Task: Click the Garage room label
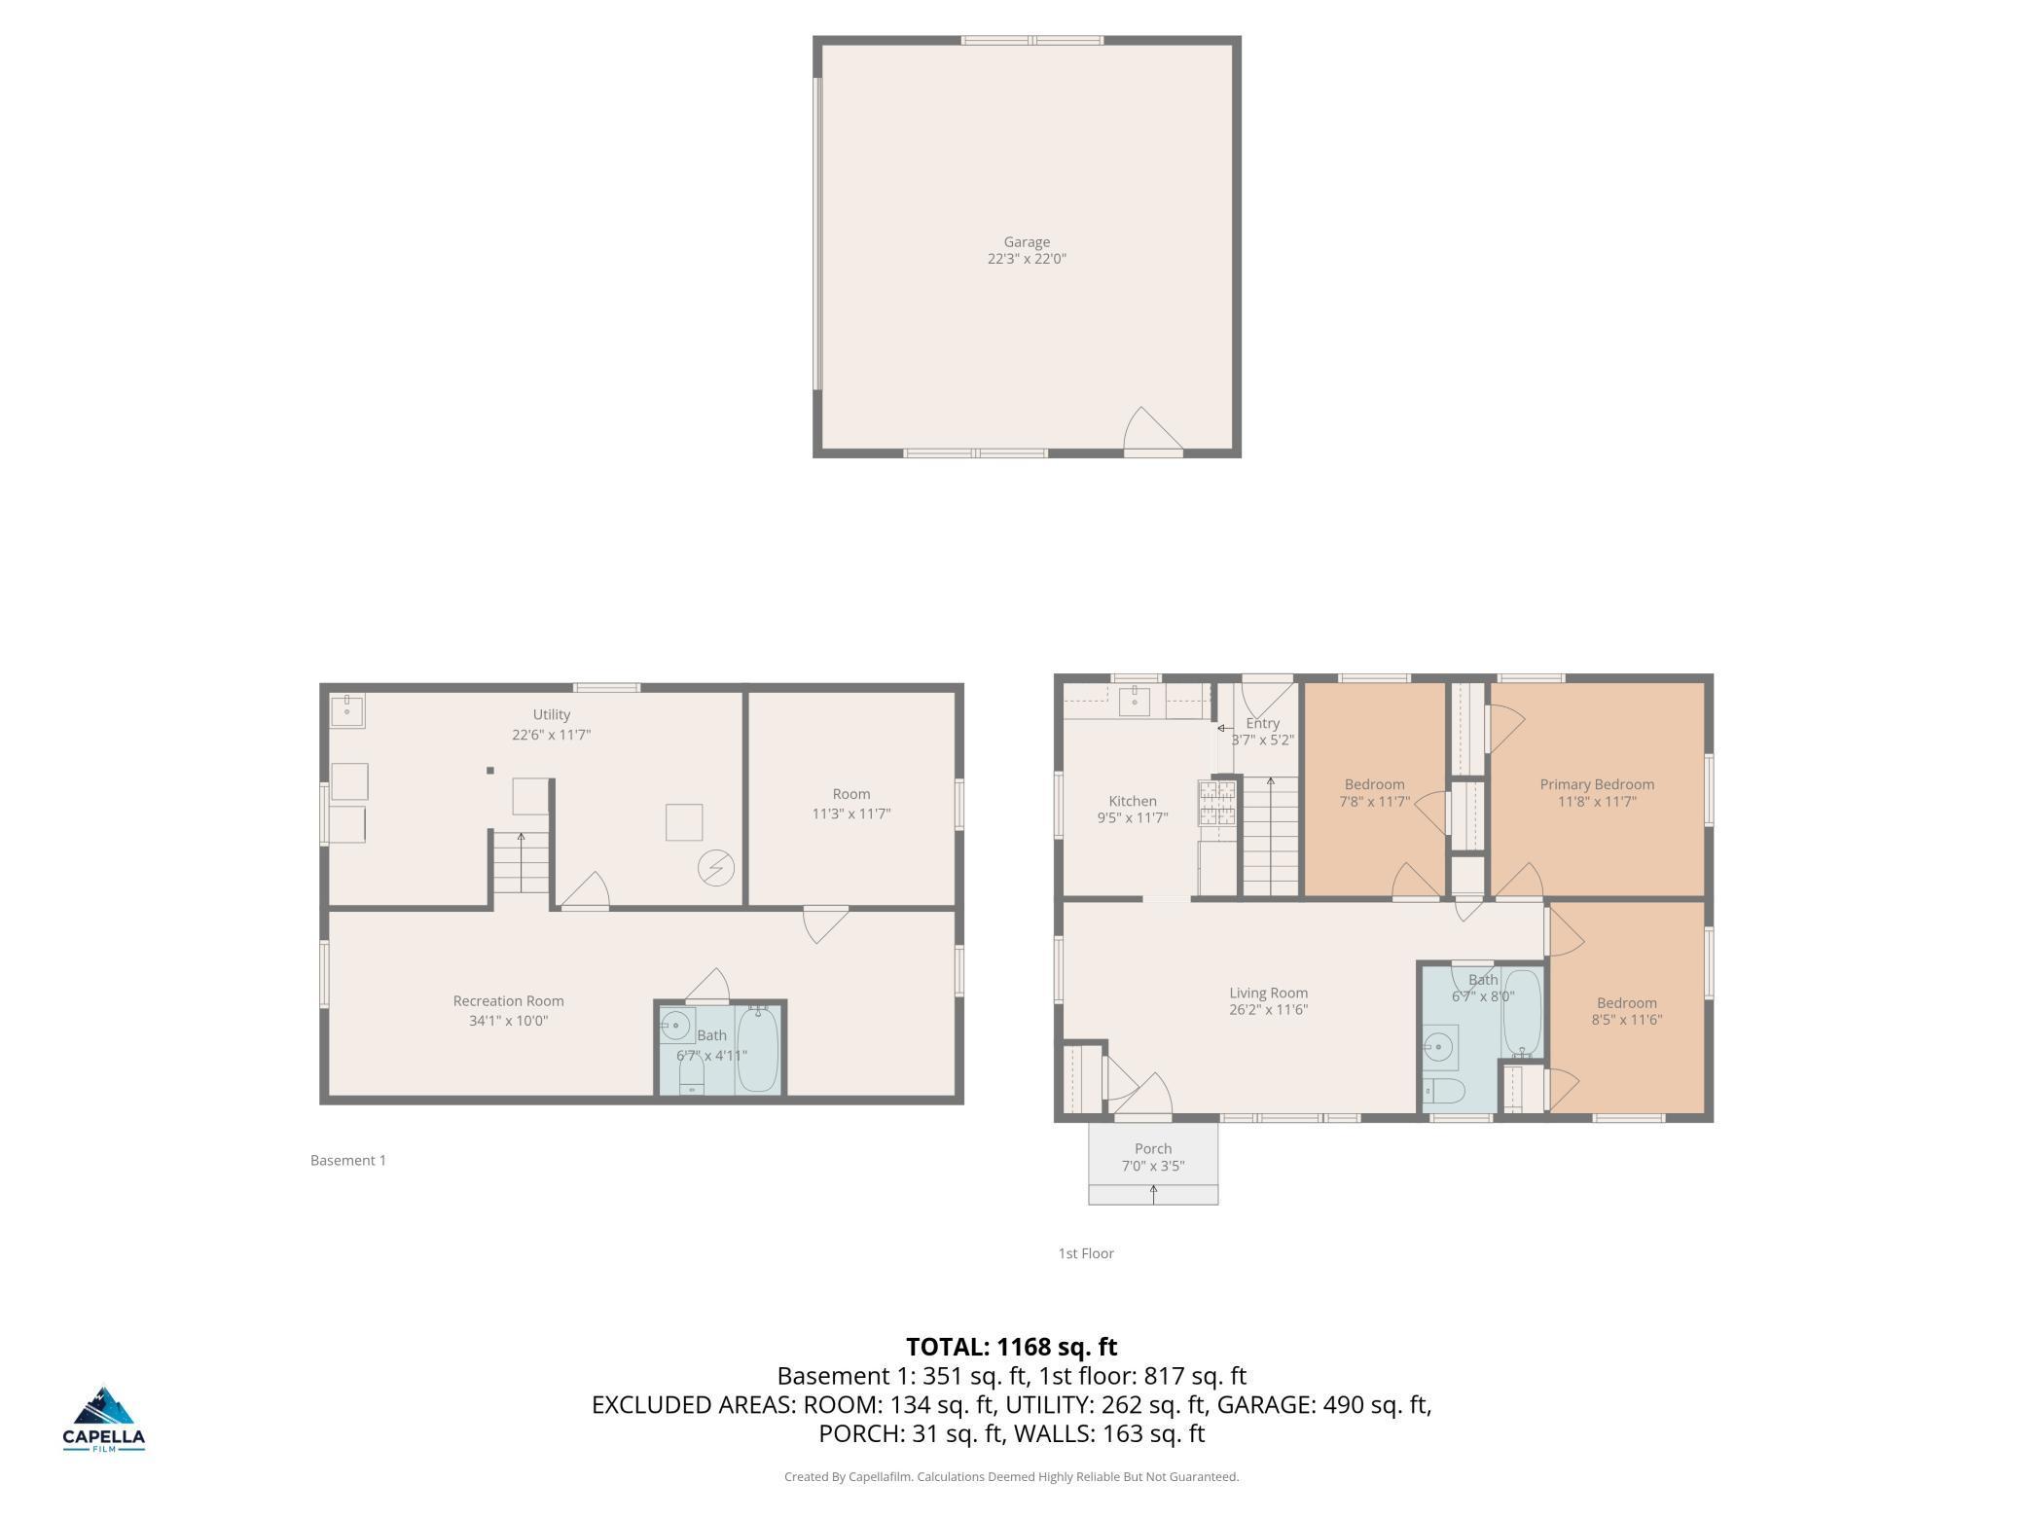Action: (x=1027, y=242)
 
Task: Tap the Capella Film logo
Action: (x=104, y=1419)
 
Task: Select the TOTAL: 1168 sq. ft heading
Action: (x=1011, y=1347)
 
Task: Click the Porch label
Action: (x=1153, y=1148)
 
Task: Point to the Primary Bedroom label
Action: (x=1597, y=784)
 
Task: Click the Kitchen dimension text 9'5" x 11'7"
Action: (x=1133, y=818)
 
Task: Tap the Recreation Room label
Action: (x=508, y=1001)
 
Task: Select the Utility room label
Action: (x=552, y=715)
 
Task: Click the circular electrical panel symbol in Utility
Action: (x=716, y=868)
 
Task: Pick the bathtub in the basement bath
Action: (x=758, y=1050)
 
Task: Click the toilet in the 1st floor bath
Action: (x=1443, y=1091)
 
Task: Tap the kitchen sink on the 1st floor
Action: (x=1135, y=701)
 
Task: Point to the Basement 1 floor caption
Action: (x=348, y=1160)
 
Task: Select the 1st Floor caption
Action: (x=1086, y=1253)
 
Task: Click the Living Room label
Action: (x=1268, y=994)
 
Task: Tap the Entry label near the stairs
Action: (x=1263, y=723)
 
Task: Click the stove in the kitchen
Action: (x=1217, y=803)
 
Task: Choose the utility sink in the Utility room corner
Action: (x=346, y=710)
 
